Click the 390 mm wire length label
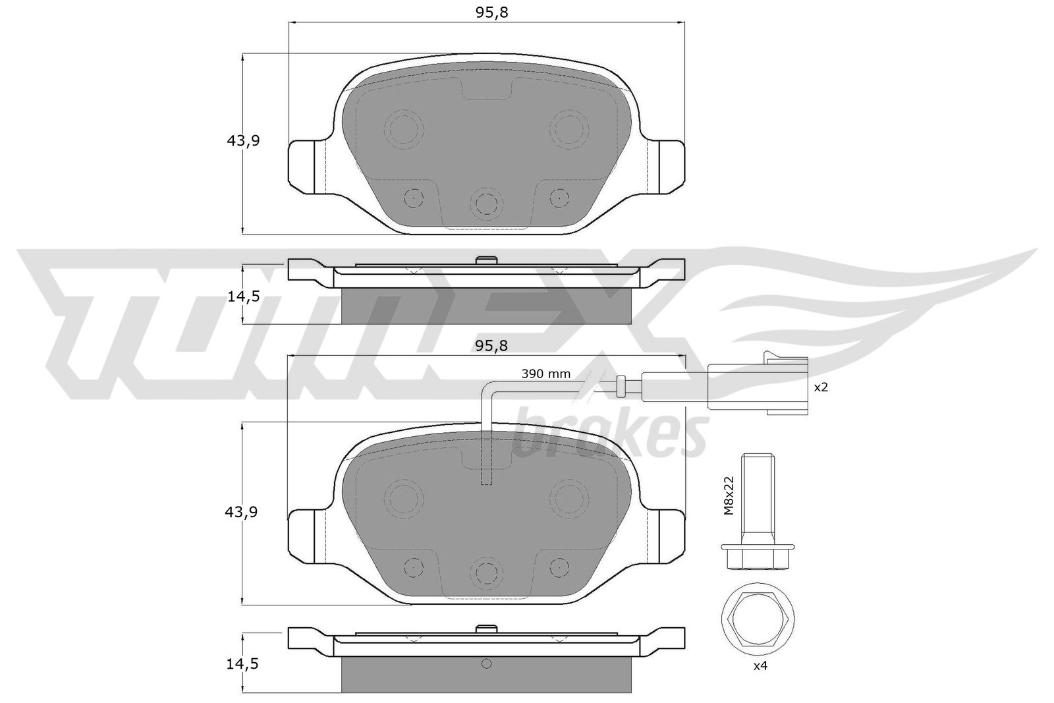click(x=546, y=374)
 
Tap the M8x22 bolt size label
click(x=729, y=495)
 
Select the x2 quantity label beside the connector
click(x=821, y=387)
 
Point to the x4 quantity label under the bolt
click(x=760, y=666)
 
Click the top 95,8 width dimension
click(x=491, y=13)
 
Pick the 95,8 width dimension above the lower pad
click(x=491, y=346)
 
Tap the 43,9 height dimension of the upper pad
click(x=243, y=140)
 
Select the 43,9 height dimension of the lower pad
click(x=241, y=512)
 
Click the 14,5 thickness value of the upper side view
click(x=243, y=296)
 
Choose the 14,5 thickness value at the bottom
click(x=242, y=664)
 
